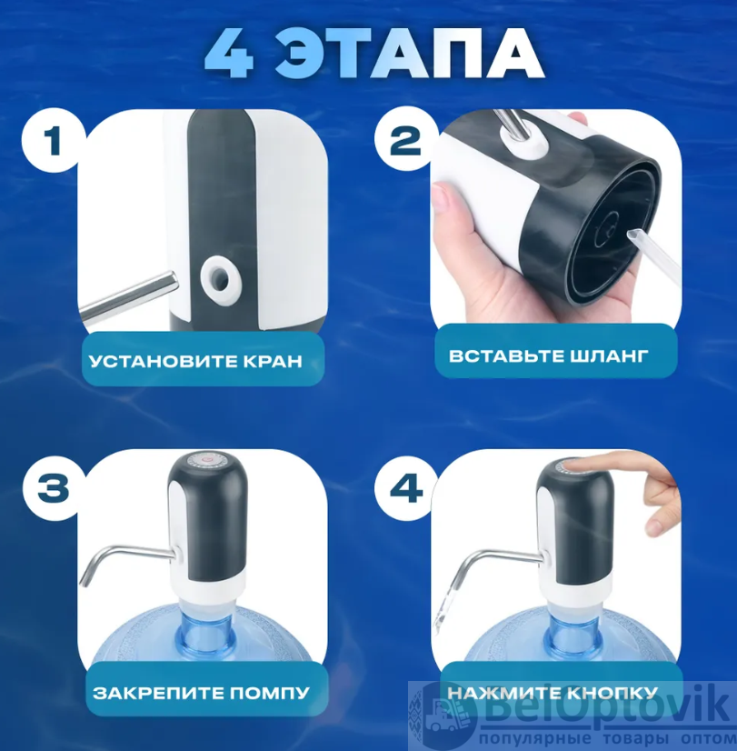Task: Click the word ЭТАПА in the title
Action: [410, 53]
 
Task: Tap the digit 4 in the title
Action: [229, 53]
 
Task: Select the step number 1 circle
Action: [53, 139]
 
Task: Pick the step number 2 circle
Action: [406, 139]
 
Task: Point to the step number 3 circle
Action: [54, 488]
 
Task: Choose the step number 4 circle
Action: [406, 488]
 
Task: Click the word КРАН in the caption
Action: [274, 361]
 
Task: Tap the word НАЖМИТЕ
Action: [504, 693]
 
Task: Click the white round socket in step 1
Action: [221, 279]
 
